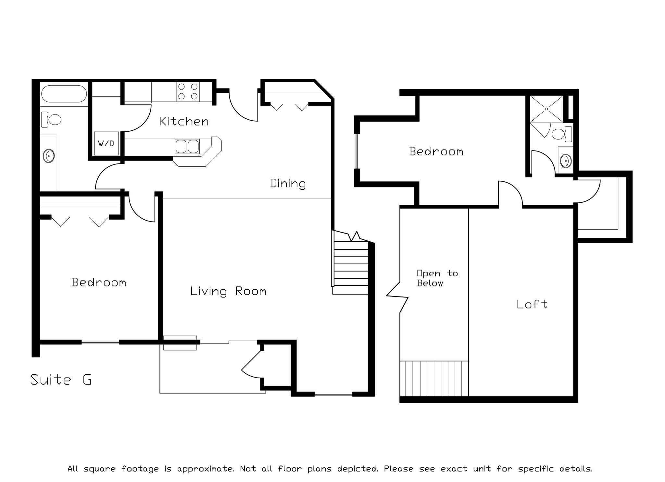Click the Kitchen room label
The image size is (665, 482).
(x=184, y=122)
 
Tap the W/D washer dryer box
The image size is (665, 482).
(x=106, y=143)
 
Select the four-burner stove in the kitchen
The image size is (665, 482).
(x=188, y=91)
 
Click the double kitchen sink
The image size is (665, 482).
(x=187, y=146)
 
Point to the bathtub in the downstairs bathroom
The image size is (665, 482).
(x=64, y=94)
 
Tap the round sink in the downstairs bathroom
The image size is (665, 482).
(x=49, y=156)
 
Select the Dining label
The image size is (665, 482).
(x=288, y=184)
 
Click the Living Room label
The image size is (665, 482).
(x=228, y=291)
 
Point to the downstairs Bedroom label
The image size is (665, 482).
(x=99, y=282)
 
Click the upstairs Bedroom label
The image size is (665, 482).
(x=436, y=151)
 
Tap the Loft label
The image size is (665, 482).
(x=532, y=304)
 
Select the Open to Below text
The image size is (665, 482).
(x=437, y=278)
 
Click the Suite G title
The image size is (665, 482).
(x=61, y=380)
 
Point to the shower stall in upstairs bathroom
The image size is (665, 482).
(x=546, y=109)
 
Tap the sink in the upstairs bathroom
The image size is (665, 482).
(x=566, y=161)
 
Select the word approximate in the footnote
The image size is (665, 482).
(x=205, y=469)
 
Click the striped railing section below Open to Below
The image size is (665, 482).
(x=434, y=379)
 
